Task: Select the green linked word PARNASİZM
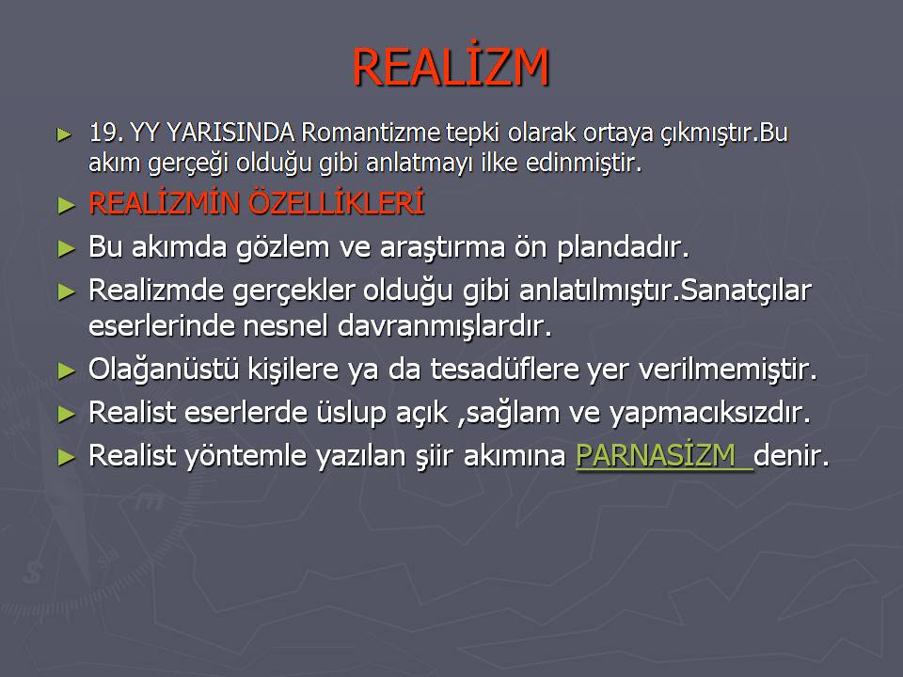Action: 656,455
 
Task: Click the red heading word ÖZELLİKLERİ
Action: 337,202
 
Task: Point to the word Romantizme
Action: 371,133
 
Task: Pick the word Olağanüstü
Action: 164,369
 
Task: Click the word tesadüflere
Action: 504,369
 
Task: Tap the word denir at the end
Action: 791,455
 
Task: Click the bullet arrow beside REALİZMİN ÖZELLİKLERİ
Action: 66,206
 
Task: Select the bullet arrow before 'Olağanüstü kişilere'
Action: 66,371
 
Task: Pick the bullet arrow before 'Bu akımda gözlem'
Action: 66,249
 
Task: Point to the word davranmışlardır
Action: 444,325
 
